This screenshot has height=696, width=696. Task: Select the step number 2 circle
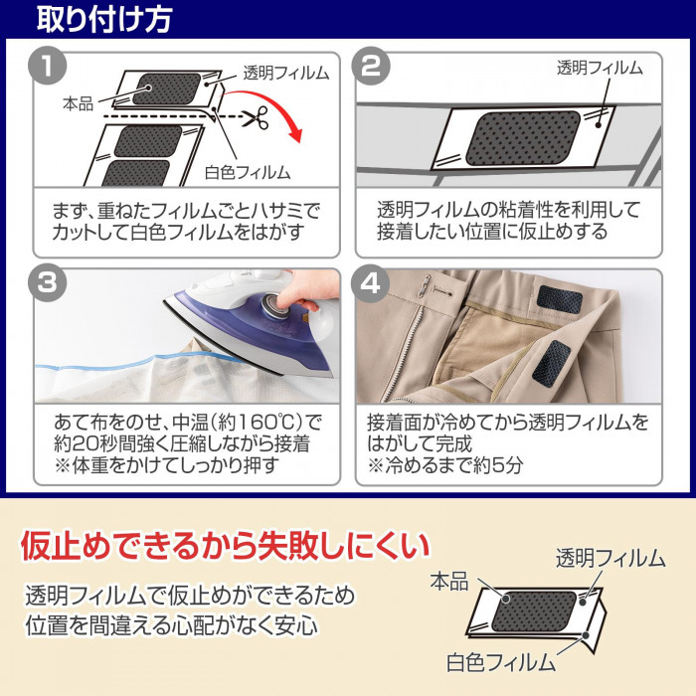click(x=376, y=70)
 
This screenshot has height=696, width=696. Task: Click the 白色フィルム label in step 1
click(x=249, y=172)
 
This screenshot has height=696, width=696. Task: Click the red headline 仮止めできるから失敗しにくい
click(x=225, y=545)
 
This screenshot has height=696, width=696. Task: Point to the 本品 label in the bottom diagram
click(x=448, y=582)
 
